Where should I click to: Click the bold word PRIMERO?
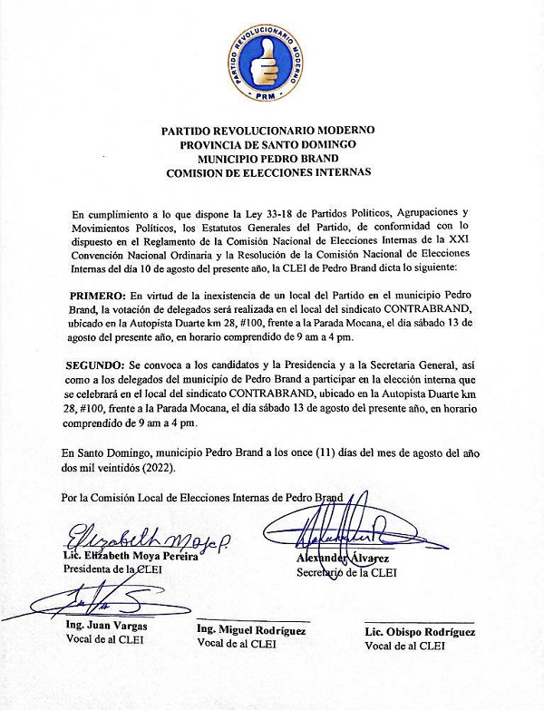[98, 296]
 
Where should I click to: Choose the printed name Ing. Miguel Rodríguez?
[251, 630]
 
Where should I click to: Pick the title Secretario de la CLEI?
[346, 572]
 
